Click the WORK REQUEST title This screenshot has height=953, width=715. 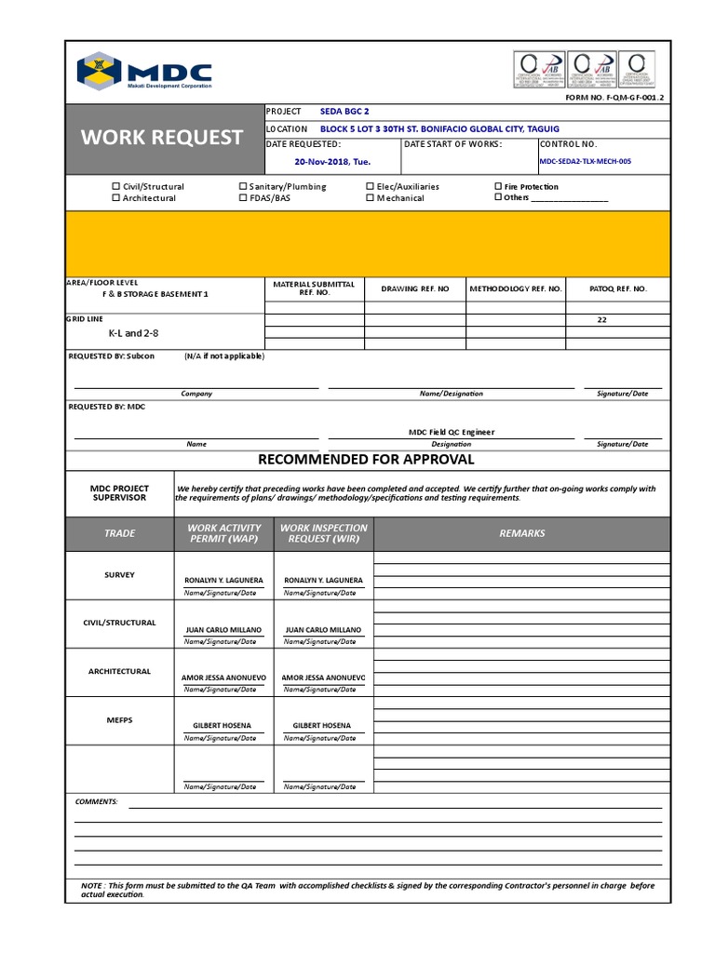[x=161, y=138]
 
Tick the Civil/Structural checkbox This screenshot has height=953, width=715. [x=116, y=187]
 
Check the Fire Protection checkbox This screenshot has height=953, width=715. [x=498, y=187]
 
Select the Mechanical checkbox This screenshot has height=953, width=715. [x=371, y=198]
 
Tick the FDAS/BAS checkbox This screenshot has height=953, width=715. [x=243, y=198]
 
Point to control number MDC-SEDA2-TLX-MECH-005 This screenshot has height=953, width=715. [x=585, y=161]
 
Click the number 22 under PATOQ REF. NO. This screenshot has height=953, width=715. [x=601, y=319]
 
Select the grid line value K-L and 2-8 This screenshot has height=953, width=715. [x=127, y=333]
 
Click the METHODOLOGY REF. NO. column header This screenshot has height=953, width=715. [x=515, y=289]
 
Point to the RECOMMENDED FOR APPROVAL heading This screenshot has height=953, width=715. [x=366, y=460]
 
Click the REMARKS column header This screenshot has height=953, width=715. [x=521, y=533]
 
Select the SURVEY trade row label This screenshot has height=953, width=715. [x=119, y=575]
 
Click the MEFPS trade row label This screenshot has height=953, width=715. [x=119, y=719]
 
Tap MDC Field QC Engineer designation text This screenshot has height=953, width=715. [x=452, y=432]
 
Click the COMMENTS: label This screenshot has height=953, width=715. [x=96, y=801]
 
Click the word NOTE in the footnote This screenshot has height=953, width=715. [x=91, y=886]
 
